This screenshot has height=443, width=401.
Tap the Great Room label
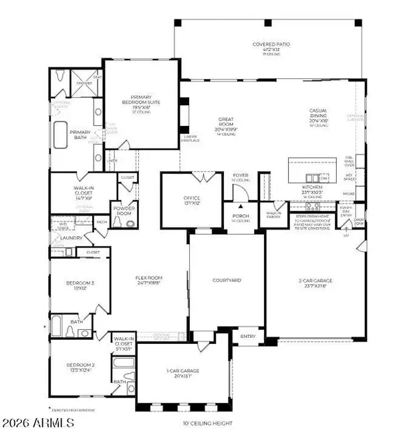coord(226,124)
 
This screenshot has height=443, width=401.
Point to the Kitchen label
coord(312,187)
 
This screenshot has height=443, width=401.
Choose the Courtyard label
coord(227,280)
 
